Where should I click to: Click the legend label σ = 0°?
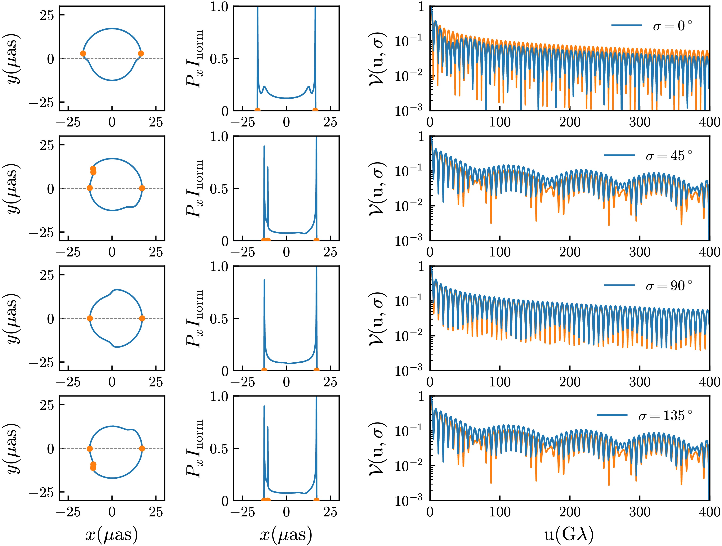[x=672, y=25]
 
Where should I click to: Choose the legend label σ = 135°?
[x=665, y=415]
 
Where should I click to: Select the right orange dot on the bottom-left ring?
[x=142, y=448]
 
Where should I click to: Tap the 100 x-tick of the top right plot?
[x=500, y=122]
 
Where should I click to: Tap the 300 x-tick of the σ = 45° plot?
[x=639, y=252]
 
